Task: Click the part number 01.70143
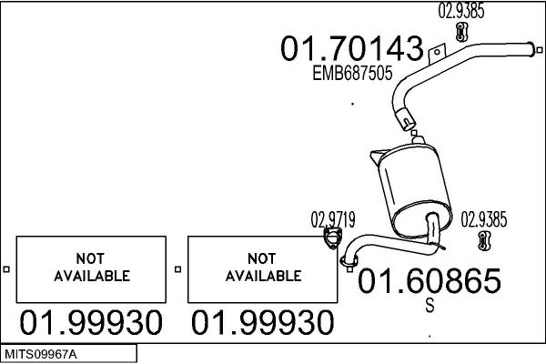coord(351,48)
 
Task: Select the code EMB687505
coord(352,73)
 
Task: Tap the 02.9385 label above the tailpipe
coord(461,10)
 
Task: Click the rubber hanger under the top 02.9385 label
coord(461,32)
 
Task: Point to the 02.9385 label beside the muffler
coord(484,219)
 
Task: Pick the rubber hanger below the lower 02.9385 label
coord(484,240)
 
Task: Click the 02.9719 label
coord(333,220)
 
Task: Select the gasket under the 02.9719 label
coord(332,238)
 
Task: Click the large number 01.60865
coord(430,281)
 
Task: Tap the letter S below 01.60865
coord(430,305)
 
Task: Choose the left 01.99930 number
coord(91,322)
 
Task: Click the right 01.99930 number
coord(263,322)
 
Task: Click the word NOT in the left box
coord(90,258)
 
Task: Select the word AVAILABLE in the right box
coord(264,276)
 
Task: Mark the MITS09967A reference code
coord(41,355)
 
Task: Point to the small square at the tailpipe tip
coord(540,50)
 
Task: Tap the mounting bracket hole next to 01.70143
coord(437,52)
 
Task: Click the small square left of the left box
coord(6,269)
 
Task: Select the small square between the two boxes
coord(178,269)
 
